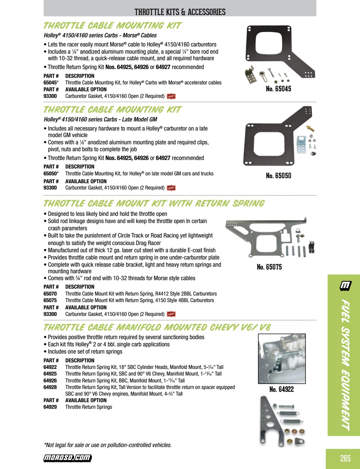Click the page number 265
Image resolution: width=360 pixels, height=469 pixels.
tap(345, 458)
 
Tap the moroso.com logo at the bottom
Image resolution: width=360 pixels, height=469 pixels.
tap(67, 458)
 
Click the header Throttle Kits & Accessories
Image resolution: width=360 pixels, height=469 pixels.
tap(180, 12)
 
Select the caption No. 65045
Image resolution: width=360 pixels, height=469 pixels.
tap(278, 89)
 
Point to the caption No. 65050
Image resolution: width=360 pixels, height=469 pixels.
tap(278, 176)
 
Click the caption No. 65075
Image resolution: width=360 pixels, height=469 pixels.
tap(269, 267)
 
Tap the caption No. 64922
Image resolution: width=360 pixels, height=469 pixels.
tap(281, 389)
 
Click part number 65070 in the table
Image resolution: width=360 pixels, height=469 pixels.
tap(50, 294)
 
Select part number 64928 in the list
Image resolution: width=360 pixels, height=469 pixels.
tap(50, 387)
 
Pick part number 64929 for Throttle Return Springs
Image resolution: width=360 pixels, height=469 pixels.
tap(50, 407)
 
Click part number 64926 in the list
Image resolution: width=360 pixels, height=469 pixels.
tap(50, 381)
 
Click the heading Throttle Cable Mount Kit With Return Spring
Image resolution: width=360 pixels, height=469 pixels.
tap(154, 203)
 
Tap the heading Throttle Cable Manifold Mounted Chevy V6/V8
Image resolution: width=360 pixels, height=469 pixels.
tap(157, 328)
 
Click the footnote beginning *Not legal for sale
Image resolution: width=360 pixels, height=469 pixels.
tap(108, 445)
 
